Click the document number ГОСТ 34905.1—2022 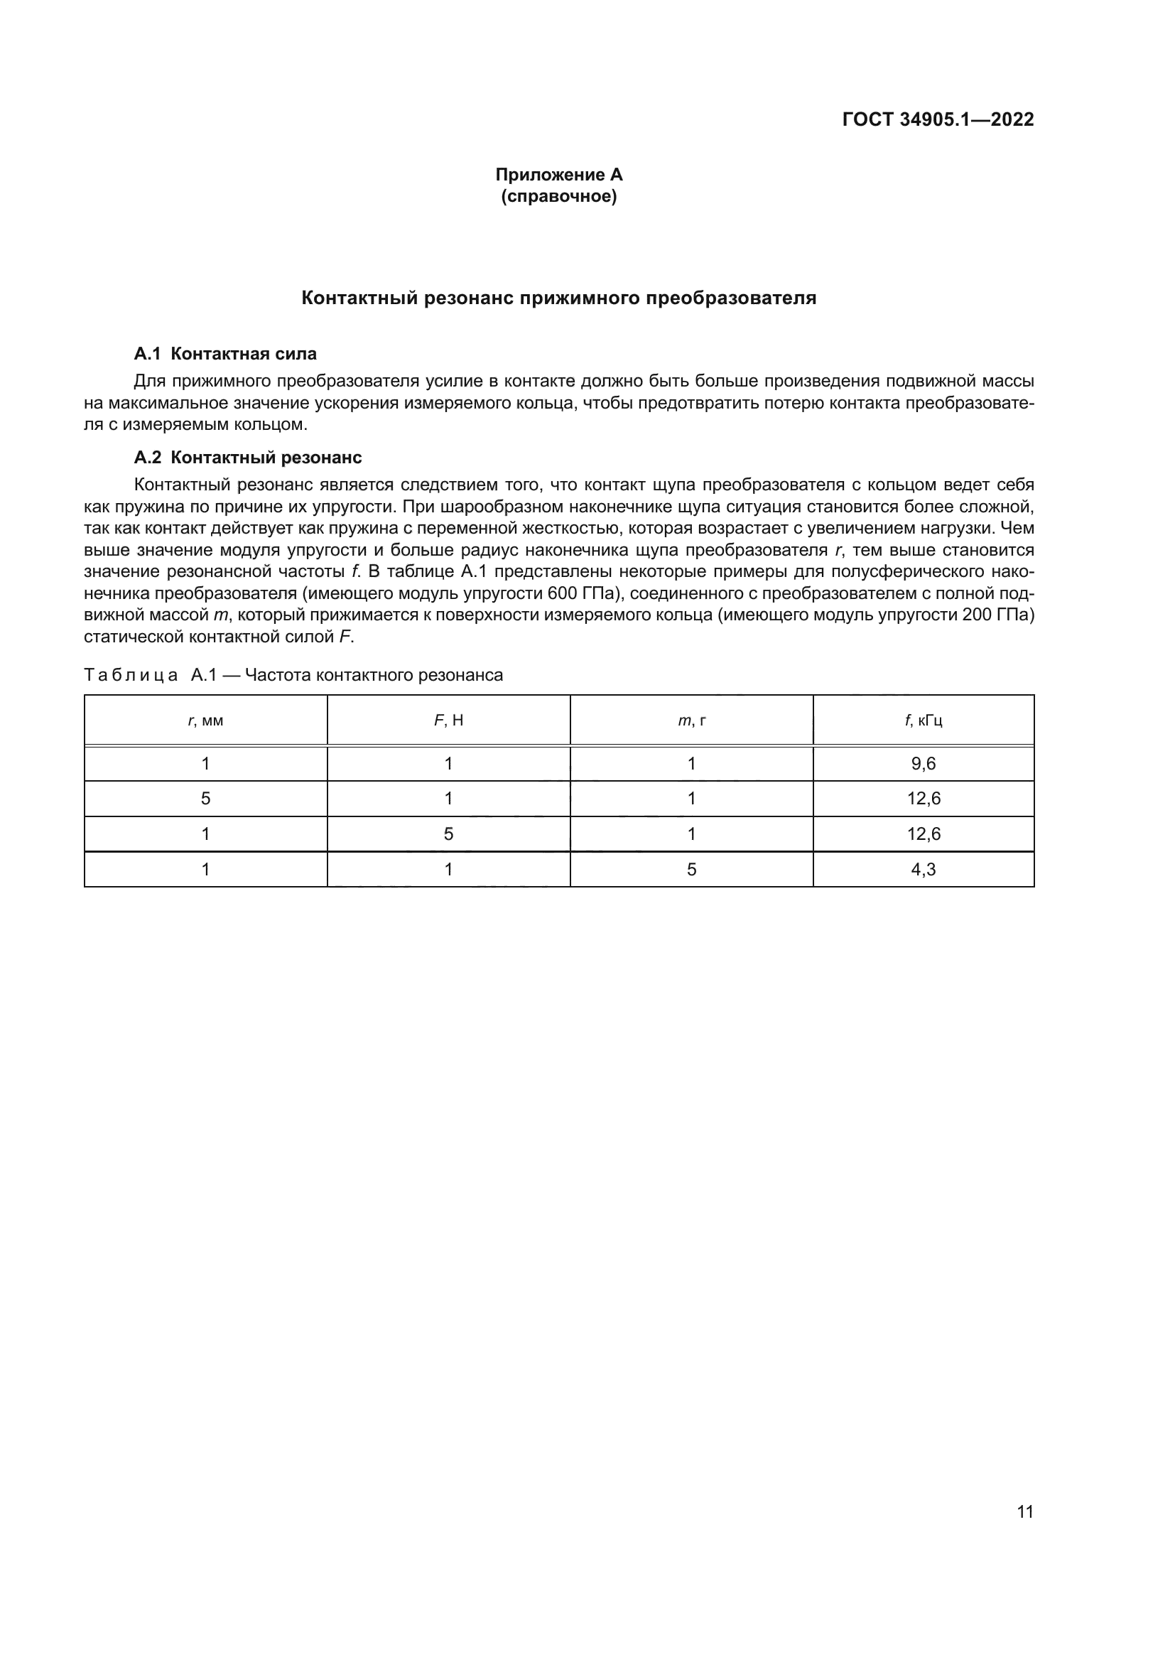938,119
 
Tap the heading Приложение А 558,175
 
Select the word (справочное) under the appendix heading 558,196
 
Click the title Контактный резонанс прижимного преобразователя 558,298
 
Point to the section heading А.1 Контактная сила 225,354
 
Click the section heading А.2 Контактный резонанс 247,458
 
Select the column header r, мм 205,721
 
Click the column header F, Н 448,721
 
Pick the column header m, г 691,721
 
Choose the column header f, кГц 924,721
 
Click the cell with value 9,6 924,764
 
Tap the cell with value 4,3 924,869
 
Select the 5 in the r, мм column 205,799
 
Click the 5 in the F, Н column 448,834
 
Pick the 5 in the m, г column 691,869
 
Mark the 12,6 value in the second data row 924,799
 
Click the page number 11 1024,1512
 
